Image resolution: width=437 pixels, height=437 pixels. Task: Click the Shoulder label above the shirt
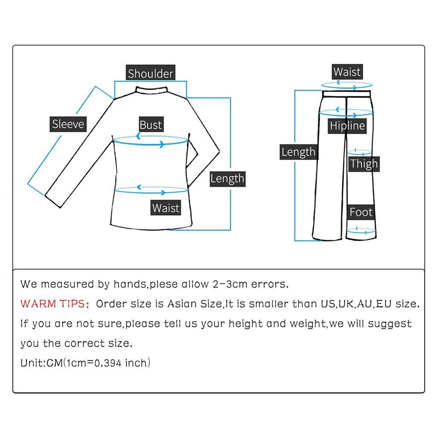point(150,73)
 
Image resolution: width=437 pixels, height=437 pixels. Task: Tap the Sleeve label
point(68,124)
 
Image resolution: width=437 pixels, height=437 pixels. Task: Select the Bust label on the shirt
point(151,125)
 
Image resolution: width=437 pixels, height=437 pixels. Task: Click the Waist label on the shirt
point(166,208)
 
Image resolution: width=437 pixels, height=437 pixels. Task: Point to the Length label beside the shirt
point(227,178)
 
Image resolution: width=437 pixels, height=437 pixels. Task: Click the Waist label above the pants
point(347,72)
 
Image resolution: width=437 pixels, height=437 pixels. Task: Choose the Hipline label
point(347,126)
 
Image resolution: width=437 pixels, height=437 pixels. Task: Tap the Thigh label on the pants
point(364,164)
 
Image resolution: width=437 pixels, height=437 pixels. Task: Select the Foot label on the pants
point(361,212)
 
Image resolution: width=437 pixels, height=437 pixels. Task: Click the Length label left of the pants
point(298,152)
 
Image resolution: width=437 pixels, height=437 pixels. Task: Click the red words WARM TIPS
point(54,304)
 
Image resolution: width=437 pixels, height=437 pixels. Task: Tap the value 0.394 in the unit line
point(108,363)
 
